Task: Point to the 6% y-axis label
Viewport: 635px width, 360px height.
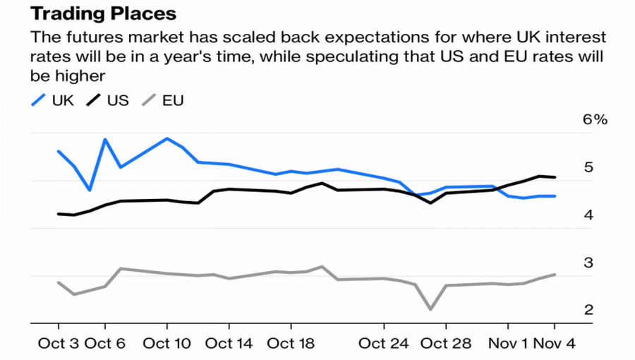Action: pyautogui.click(x=594, y=120)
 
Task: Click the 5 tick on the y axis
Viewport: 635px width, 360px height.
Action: pyautogui.click(x=588, y=167)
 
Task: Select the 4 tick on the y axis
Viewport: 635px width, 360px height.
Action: pyautogui.click(x=588, y=215)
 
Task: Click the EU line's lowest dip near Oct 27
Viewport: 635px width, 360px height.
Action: pyautogui.click(x=430, y=309)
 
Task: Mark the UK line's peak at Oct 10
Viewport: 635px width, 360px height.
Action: pyautogui.click(x=167, y=138)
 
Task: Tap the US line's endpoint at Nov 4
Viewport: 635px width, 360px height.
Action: pyautogui.click(x=555, y=177)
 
